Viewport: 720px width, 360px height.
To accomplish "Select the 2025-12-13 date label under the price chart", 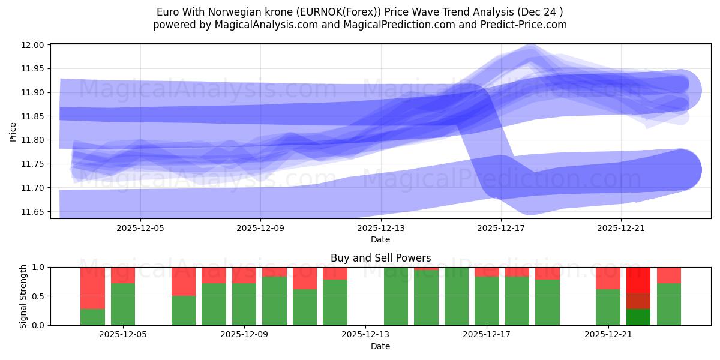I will point(380,228).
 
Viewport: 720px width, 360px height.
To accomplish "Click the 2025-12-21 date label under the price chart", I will point(620,228).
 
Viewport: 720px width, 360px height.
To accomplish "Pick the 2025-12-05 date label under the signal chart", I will point(123,335).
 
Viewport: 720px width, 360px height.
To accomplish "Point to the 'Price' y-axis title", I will point(13,131).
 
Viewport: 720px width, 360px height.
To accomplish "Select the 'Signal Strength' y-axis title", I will point(23,296).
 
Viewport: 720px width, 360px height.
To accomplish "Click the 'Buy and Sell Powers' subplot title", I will point(380,258).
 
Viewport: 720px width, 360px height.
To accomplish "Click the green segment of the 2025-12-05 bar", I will point(123,304).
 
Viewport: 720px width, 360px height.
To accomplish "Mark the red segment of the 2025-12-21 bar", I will point(608,278).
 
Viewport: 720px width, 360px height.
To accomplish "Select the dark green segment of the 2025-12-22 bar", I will point(638,317).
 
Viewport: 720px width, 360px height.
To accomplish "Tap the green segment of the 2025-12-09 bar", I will point(244,304).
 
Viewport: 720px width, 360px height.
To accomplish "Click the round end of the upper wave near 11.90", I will point(678,91).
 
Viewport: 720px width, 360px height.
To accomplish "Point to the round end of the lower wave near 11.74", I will point(678,170).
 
